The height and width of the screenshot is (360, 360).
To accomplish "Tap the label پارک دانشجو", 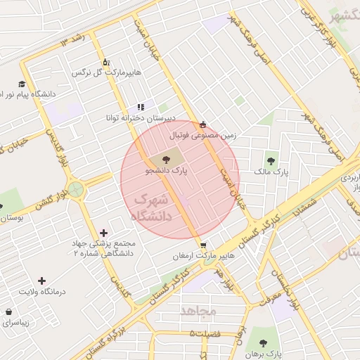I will click(x=167, y=170).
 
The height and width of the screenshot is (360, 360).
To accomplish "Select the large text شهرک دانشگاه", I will click(x=155, y=208).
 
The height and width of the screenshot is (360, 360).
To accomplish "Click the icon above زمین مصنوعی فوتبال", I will click(x=203, y=124).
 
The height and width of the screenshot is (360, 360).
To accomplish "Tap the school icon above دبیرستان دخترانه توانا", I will click(x=141, y=107).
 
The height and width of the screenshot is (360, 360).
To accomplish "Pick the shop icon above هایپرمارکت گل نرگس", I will click(x=105, y=62).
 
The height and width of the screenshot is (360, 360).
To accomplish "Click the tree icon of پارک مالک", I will click(x=271, y=161).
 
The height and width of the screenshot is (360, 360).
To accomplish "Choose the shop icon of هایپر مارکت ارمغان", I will click(x=203, y=246).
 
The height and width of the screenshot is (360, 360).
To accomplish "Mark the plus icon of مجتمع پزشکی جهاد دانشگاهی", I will click(x=104, y=233).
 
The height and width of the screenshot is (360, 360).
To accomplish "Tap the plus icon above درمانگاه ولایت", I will click(x=41, y=281).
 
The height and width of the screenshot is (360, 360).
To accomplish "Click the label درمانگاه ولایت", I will click(x=41, y=291).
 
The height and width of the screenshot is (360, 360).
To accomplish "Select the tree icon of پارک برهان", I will click(x=262, y=343).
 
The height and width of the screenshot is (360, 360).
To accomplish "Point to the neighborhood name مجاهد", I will click(x=199, y=310).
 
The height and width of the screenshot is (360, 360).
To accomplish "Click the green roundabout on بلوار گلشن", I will click(x=76, y=190).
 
